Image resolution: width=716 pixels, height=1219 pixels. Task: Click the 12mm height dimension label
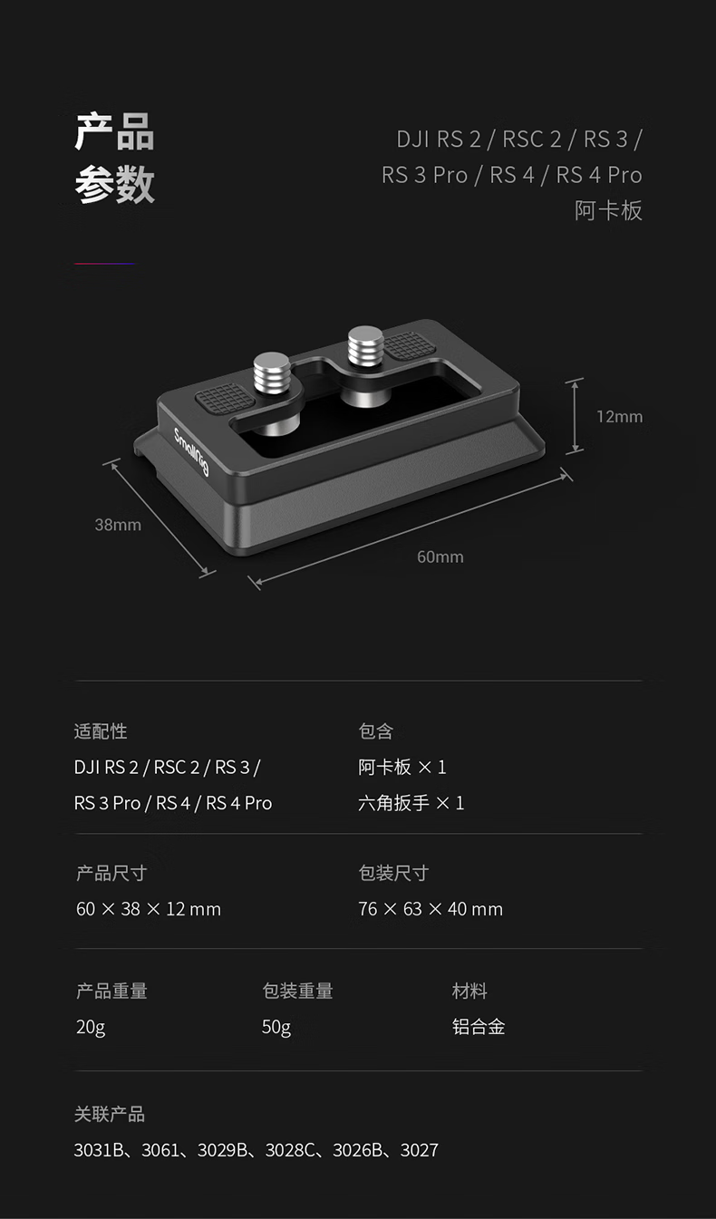point(619,417)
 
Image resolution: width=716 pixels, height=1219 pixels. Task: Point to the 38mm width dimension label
point(118,525)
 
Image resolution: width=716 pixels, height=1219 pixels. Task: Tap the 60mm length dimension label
point(440,556)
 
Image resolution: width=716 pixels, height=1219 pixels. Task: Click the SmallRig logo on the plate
point(191,449)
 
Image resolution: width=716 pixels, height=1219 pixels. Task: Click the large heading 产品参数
point(114,159)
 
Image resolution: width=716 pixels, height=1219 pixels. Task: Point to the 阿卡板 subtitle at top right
point(608,211)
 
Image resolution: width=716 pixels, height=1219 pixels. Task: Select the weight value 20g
point(91,1027)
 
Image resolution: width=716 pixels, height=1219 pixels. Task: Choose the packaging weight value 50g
point(276,1027)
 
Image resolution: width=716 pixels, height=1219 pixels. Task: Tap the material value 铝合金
point(479,1027)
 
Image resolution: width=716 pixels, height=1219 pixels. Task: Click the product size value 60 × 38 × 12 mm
point(149,909)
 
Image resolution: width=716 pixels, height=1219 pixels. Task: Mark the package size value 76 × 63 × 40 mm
point(431,909)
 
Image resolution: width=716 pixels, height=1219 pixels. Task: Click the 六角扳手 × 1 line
point(411,803)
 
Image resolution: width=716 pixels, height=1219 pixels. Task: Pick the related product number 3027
point(419,1150)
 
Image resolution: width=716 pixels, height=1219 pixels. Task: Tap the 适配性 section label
point(101,730)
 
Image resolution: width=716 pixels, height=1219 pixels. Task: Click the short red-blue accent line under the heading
point(104,264)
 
